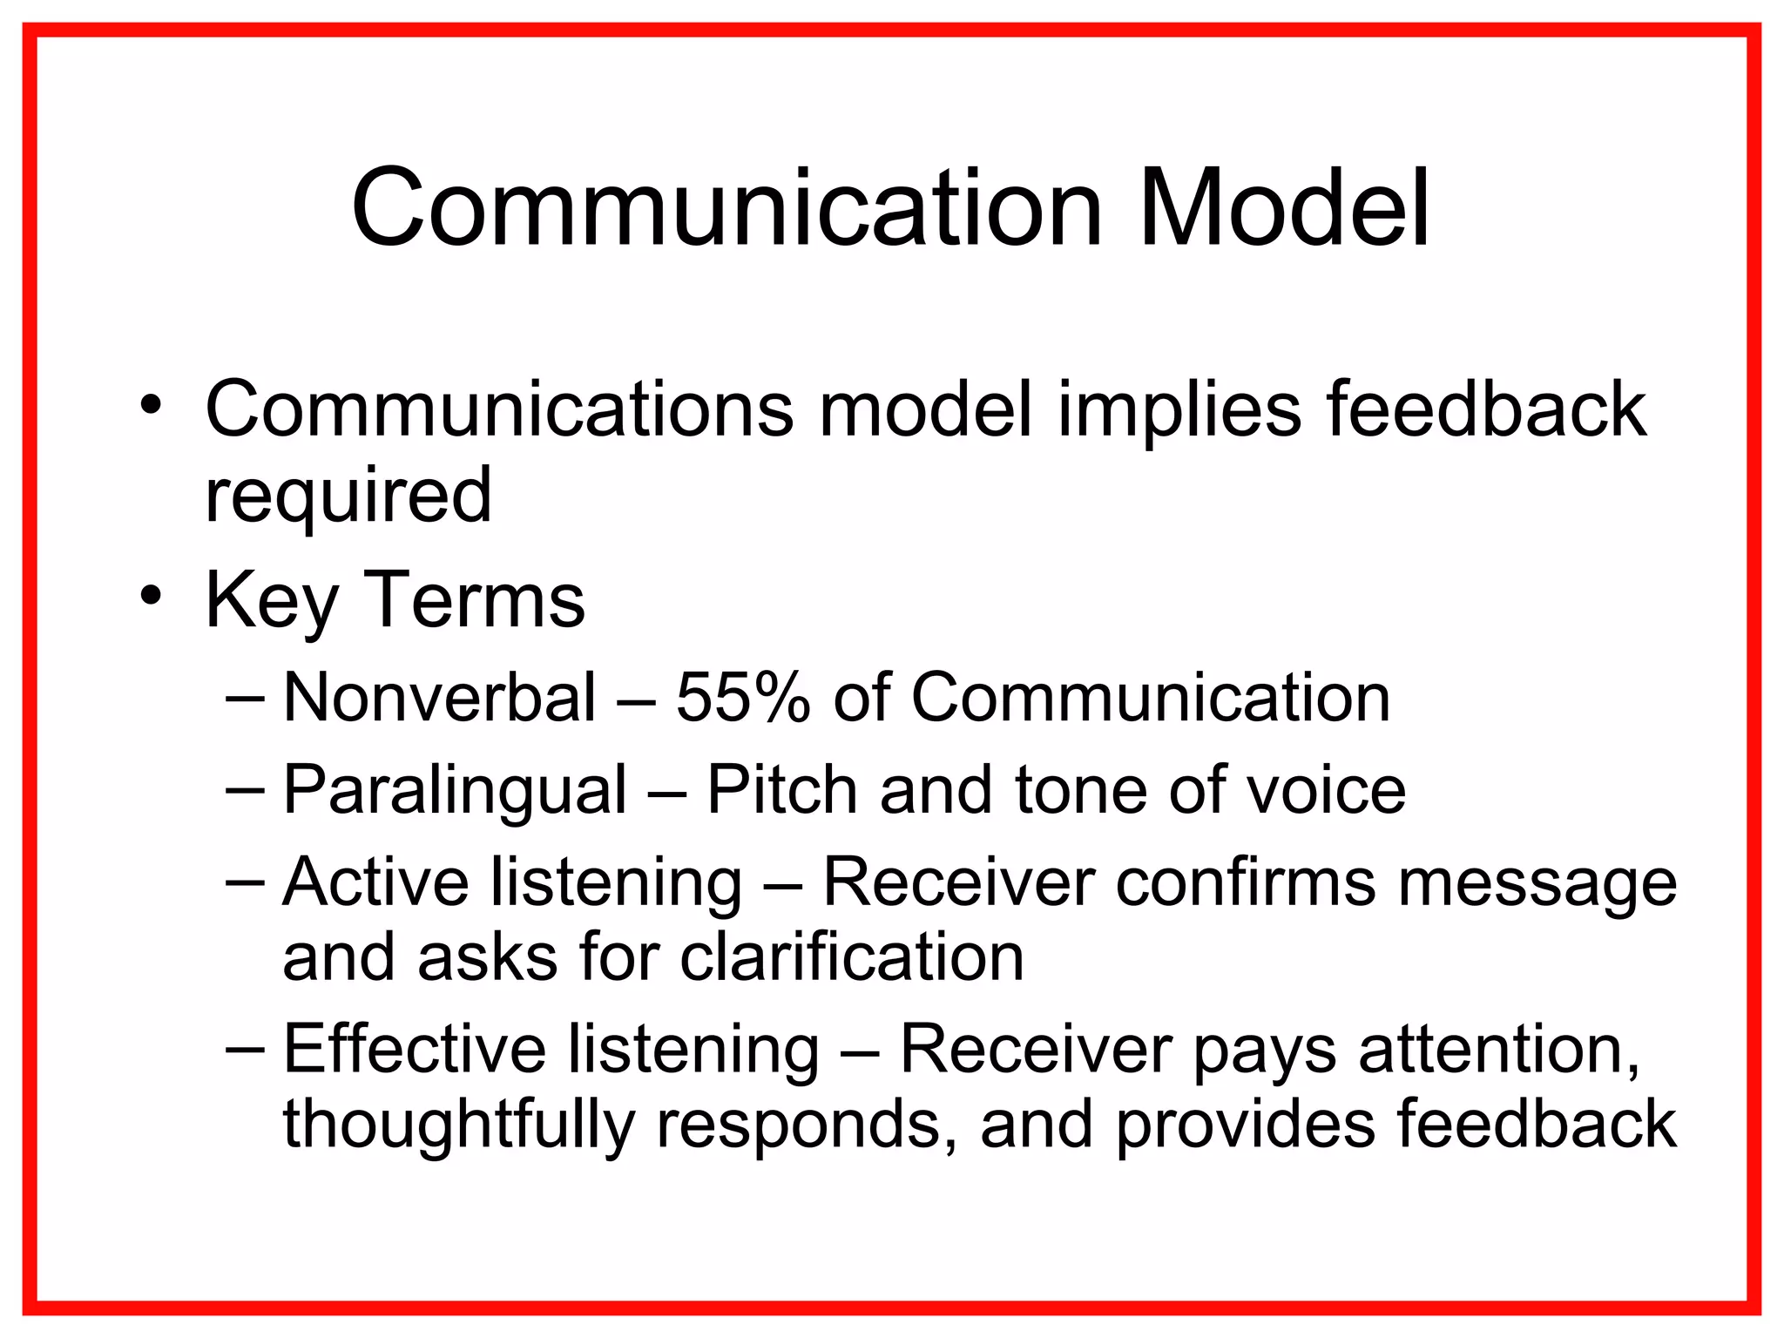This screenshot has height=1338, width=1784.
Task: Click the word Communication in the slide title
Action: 727,209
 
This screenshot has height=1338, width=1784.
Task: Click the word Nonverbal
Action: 440,698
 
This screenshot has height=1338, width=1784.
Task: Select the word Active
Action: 375,882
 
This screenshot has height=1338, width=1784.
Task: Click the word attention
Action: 1498,1049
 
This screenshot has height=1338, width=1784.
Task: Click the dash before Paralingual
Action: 243,789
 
